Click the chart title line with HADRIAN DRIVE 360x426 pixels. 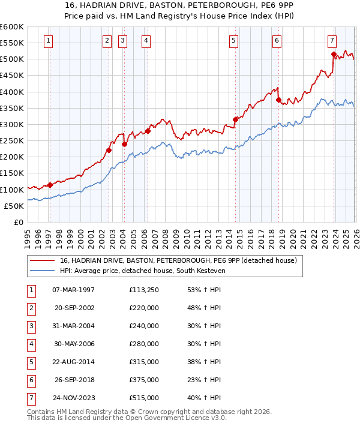(180, 5)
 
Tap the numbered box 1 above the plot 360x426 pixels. (48, 41)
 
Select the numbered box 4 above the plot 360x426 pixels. (146, 41)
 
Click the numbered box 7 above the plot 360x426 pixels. (332, 41)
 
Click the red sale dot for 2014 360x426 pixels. (235, 119)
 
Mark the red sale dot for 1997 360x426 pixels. (50, 185)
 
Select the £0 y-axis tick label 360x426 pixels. (18, 222)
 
